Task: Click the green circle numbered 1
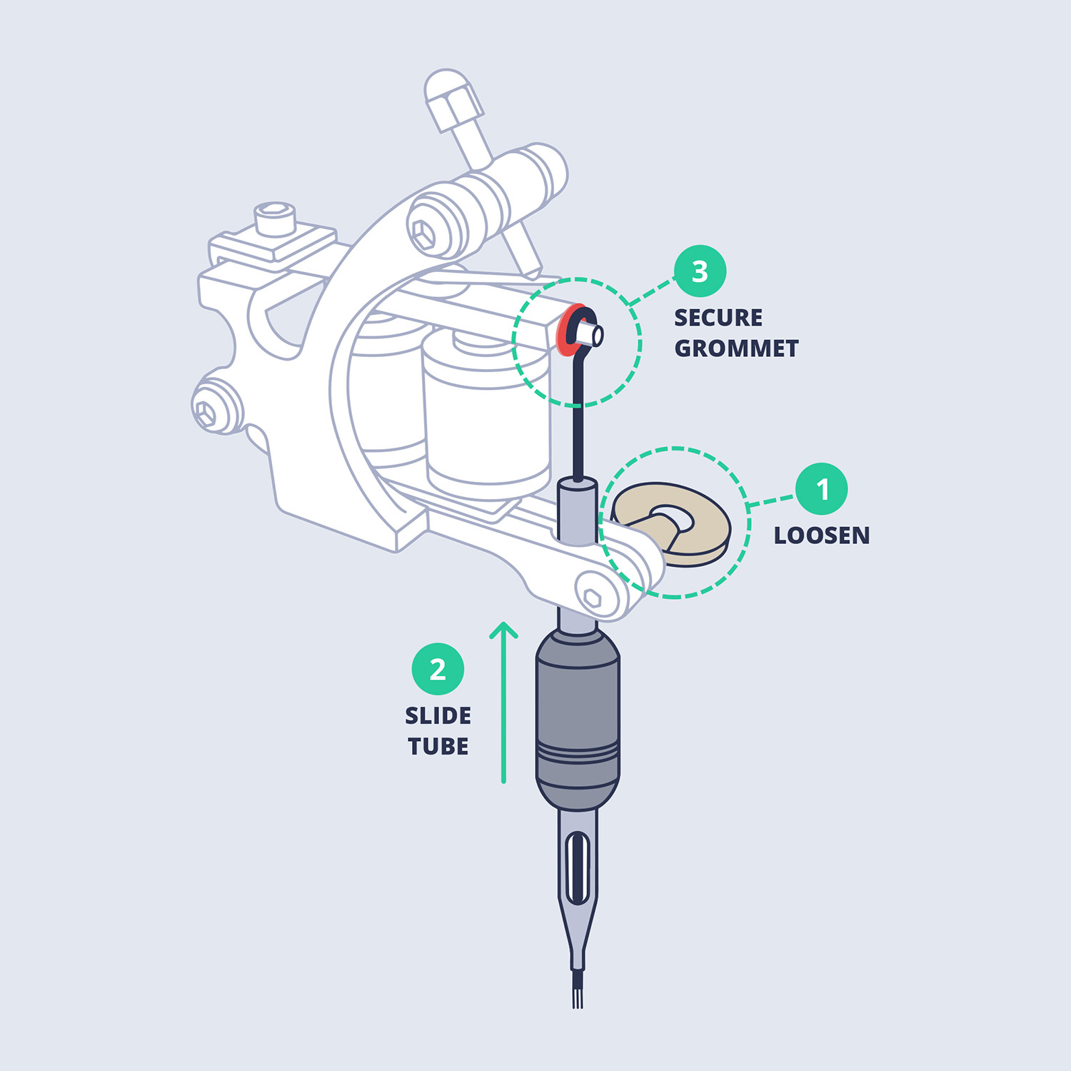[x=822, y=489]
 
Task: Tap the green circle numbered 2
[x=438, y=669]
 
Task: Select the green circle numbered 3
[x=700, y=271]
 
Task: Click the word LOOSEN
[x=822, y=535]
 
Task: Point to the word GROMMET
[x=736, y=348]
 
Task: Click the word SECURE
[x=718, y=317]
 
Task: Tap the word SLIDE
[x=438, y=715]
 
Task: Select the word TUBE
[x=438, y=746]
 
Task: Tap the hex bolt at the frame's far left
[x=206, y=413]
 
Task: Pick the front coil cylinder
[x=487, y=416]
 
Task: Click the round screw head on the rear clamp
[x=275, y=218]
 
